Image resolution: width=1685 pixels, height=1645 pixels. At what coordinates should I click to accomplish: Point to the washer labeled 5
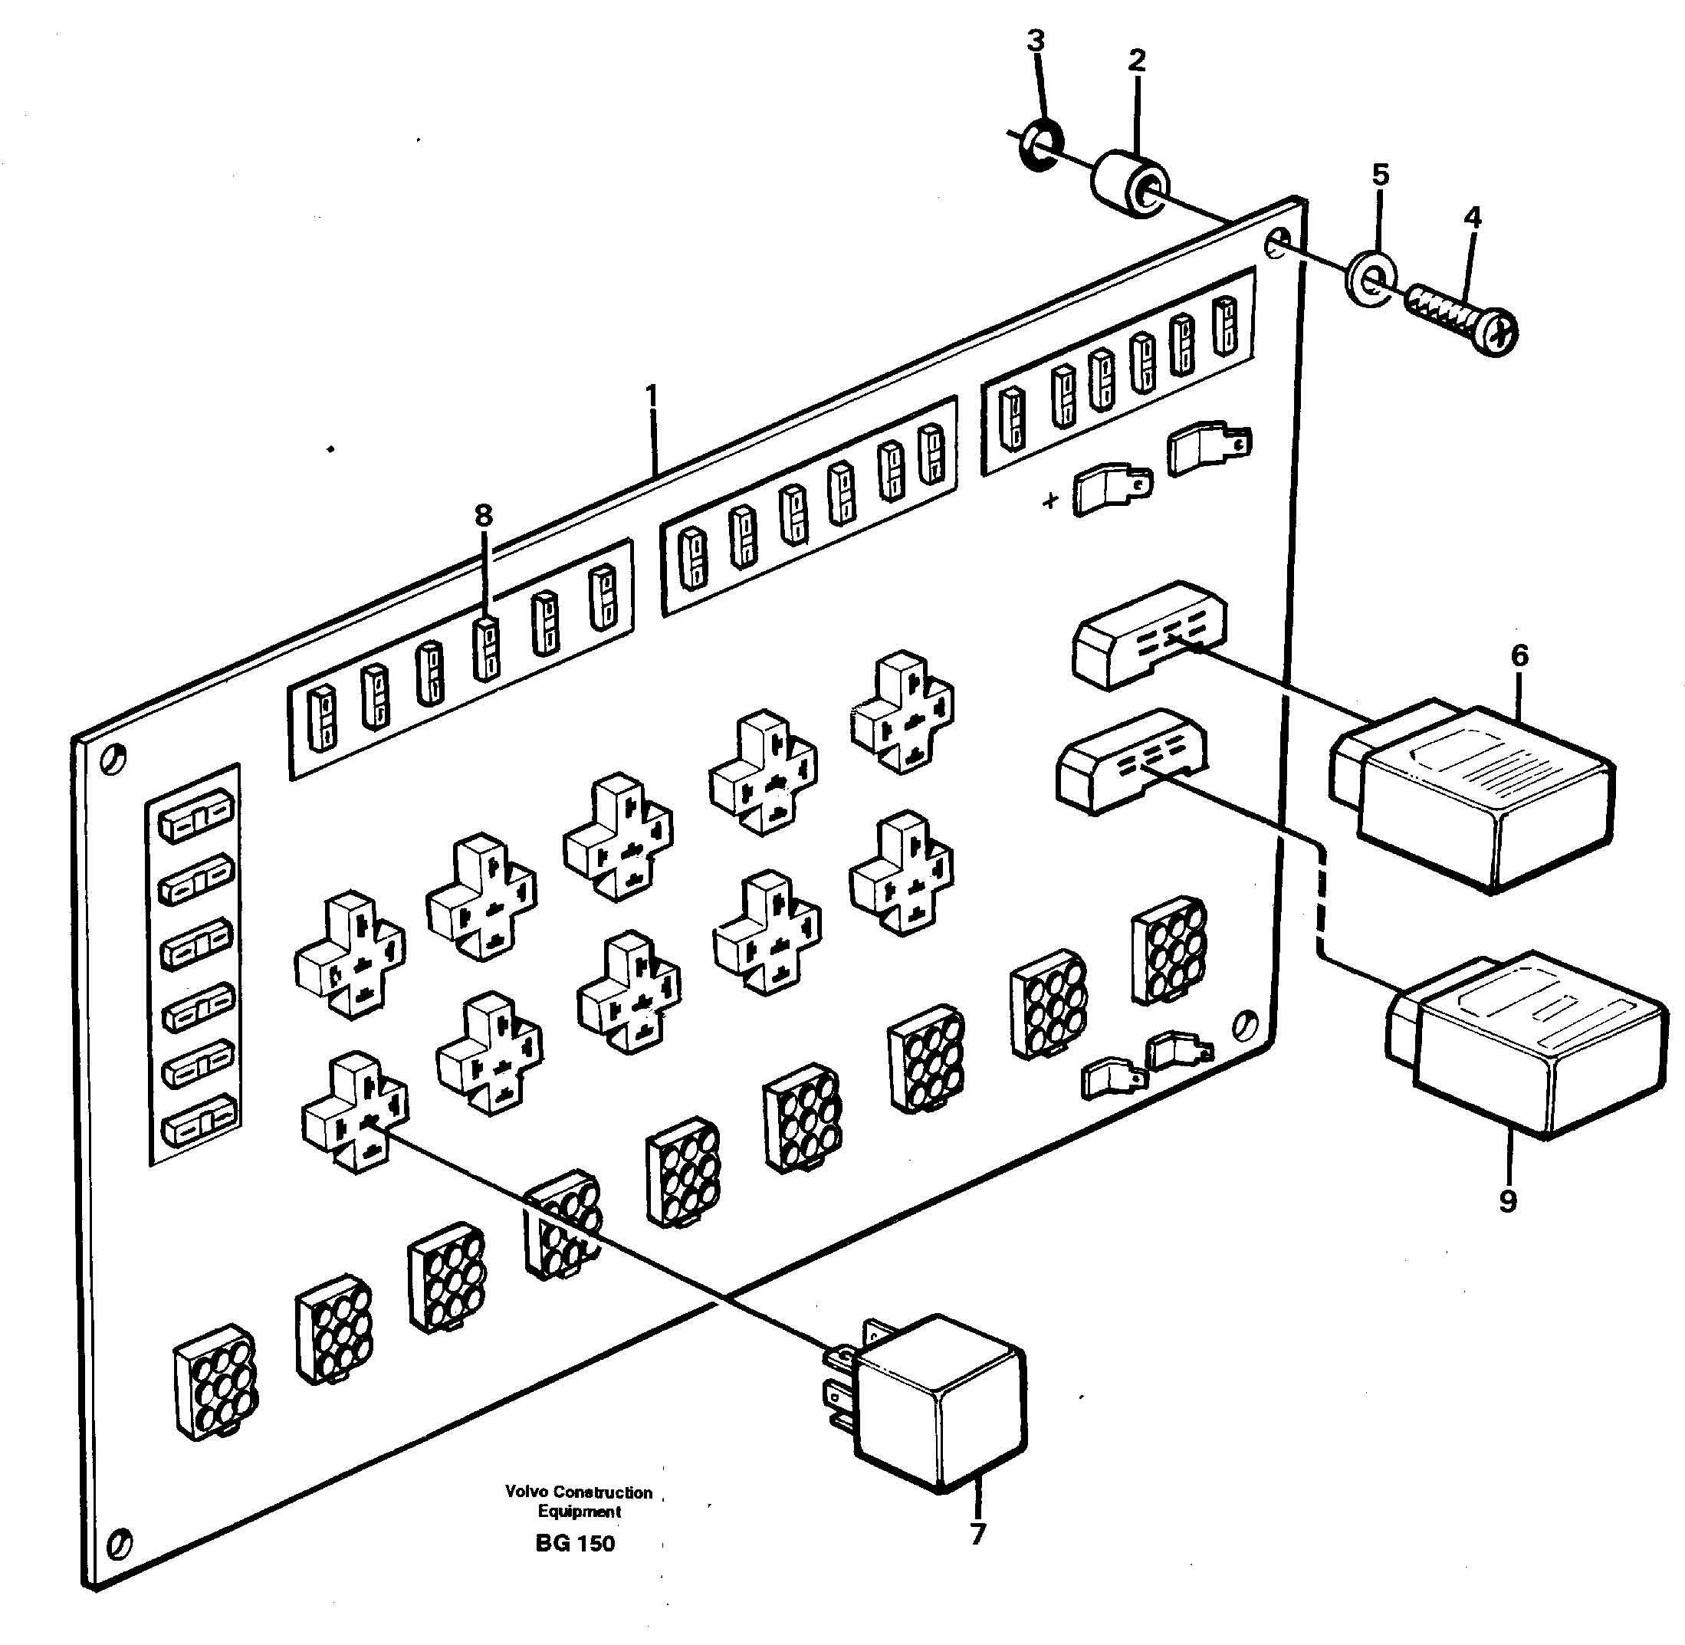coord(1371,278)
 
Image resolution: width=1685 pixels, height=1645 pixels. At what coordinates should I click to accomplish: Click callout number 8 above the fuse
coord(483,516)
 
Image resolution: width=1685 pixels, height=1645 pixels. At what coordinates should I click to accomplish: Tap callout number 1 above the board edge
coord(652,396)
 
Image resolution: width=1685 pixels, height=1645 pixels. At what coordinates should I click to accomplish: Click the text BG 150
coord(575,1544)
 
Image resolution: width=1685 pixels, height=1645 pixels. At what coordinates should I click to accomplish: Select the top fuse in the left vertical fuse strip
coord(197,816)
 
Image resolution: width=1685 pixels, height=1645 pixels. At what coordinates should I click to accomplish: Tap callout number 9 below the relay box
coord(1508,1200)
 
